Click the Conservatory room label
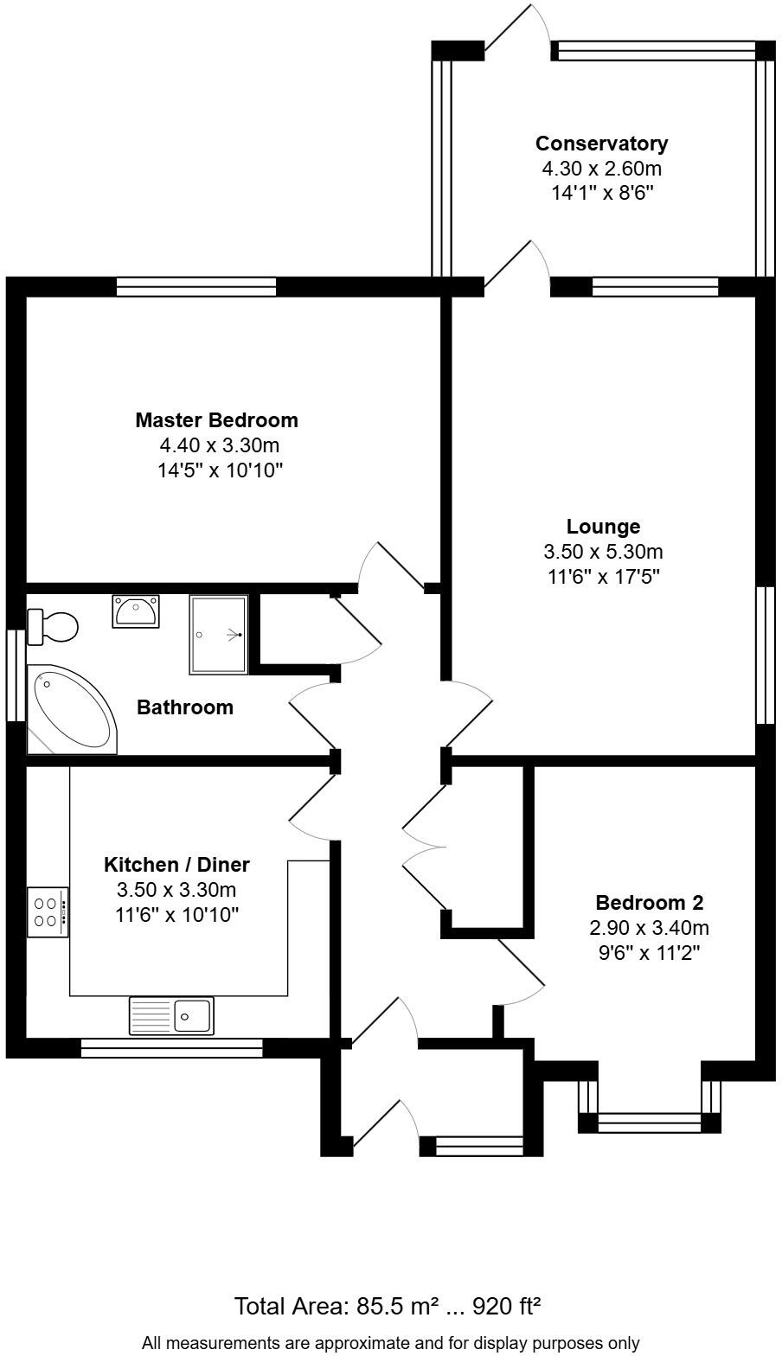(601, 144)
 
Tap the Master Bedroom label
(216, 420)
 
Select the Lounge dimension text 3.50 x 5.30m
(603, 552)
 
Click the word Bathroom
(185, 707)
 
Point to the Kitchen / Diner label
(176, 864)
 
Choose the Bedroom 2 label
(649, 903)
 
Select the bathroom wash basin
(135, 611)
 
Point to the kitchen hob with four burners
(48, 911)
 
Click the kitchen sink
(171, 1015)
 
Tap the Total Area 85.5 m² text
(388, 1305)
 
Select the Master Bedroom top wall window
(196, 286)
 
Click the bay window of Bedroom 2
(649, 1123)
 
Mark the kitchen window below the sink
(171, 1048)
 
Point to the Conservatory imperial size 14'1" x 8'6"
(601, 193)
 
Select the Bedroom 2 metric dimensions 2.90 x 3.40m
(649, 929)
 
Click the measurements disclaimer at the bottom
(390, 1343)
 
